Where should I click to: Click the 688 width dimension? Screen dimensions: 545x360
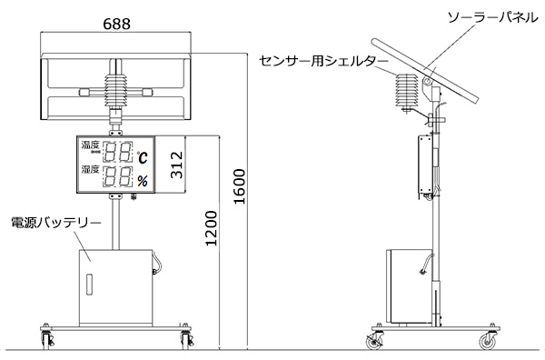117,24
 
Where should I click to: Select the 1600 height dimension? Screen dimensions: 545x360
240,186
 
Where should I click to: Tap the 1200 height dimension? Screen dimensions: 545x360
211,228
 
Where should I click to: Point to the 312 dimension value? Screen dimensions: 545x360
176,165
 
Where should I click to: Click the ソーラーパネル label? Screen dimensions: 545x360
493,17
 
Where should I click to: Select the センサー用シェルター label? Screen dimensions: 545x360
323,61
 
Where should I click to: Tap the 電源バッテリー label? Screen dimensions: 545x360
56,223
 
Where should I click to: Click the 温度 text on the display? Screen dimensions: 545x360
90,145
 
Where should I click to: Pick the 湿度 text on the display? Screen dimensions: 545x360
90,169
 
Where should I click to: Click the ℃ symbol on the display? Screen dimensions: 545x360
142,157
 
